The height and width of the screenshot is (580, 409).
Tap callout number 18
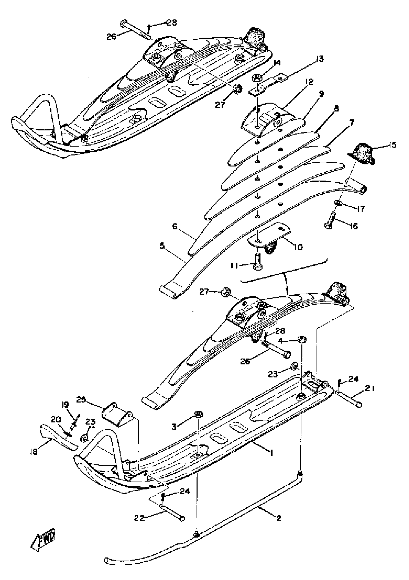coord(33,451)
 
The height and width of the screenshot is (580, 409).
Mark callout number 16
coord(354,226)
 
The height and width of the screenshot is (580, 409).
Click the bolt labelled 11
coord(257,262)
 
